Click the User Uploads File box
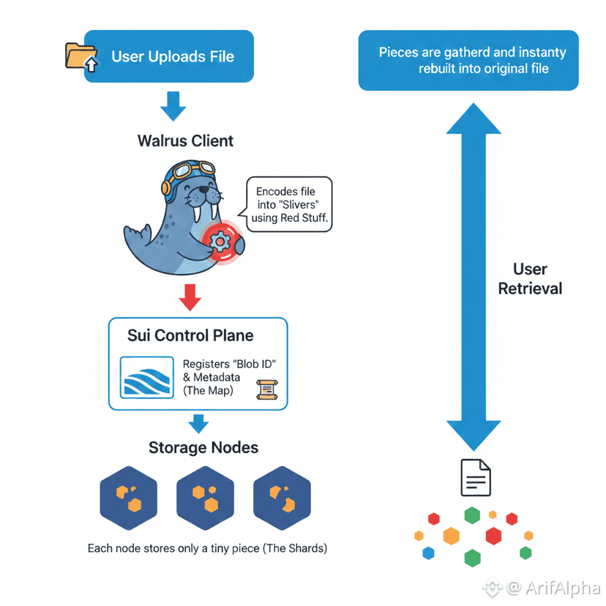[169, 56]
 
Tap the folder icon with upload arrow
[81, 56]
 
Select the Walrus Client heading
[186, 141]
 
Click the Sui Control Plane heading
[190, 336]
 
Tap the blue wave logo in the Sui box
[146, 377]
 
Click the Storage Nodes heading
[203, 447]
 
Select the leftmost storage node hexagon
[128, 498]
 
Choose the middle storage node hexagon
[205, 498]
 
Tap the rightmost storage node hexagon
[282, 498]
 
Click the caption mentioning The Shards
[207, 547]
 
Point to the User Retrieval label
[530, 279]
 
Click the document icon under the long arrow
[475, 478]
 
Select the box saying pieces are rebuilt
[468, 61]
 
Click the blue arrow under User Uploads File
[173, 105]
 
